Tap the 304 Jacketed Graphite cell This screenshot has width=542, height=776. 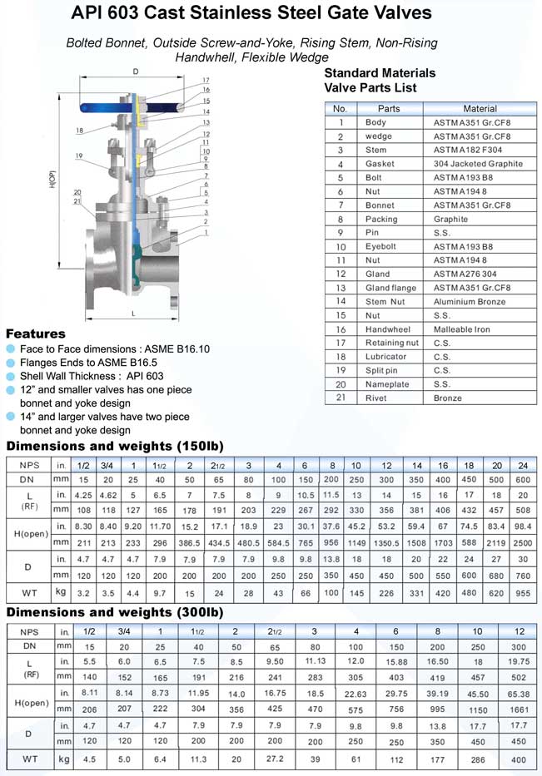coord(478,164)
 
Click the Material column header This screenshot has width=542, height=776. coord(480,108)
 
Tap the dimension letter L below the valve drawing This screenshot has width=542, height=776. coord(133,313)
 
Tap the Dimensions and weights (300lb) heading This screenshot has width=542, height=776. coord(114,612)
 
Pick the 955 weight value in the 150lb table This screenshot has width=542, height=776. coord(523,595)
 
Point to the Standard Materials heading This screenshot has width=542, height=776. coord(379,72)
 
